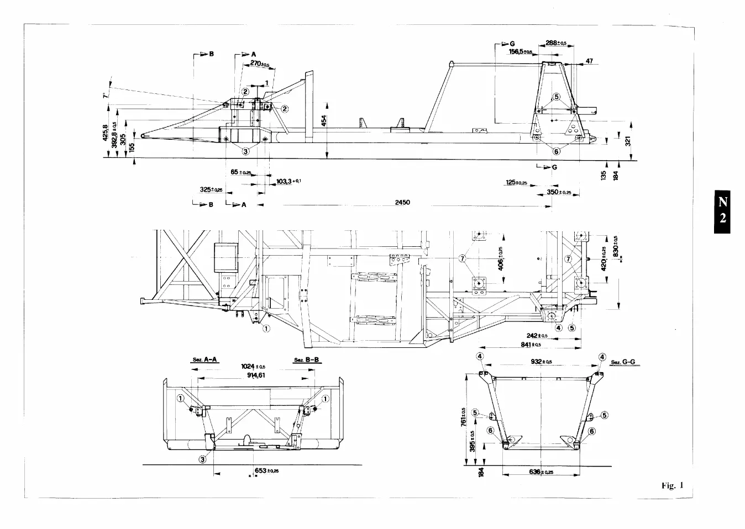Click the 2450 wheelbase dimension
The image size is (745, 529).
point(402,203)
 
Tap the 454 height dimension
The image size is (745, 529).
point(324,120)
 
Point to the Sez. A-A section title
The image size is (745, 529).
point(205,360)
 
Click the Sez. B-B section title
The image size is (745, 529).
point(306,360)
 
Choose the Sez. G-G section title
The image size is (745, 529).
point(624,362)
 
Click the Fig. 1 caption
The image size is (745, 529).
point(672,486)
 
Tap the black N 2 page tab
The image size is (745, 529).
point(722,210)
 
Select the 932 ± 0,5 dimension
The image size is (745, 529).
point(541,362)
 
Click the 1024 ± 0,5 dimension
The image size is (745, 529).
point(253,367)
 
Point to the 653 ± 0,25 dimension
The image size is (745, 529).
point(266,470)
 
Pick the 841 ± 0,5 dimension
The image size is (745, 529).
point(531,345)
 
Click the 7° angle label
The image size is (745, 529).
point(106,95)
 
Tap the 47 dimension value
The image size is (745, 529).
point(590,61)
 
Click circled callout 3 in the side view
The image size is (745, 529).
point(245,150)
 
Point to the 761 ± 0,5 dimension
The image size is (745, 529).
point(464,416)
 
